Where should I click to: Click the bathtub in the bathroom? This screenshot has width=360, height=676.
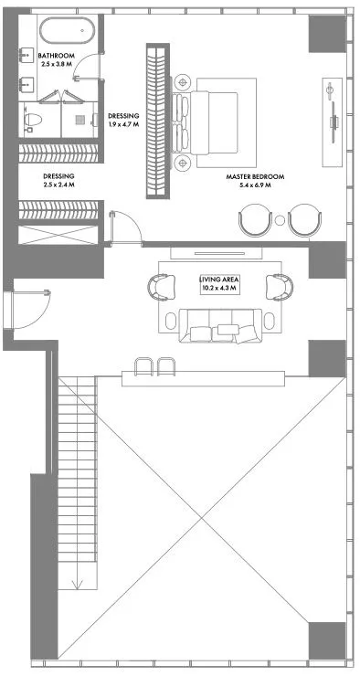(x=67, y=30)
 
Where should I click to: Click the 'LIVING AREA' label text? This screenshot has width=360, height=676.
(x=219, y=280)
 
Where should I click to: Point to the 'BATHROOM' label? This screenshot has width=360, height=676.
(x=56, y=56)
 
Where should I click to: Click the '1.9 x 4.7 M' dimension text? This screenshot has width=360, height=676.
(x=123, y=124)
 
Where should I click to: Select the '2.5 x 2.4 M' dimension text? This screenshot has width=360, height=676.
(x=58, y=185)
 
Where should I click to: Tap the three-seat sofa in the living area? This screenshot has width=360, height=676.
(x=220, y=326)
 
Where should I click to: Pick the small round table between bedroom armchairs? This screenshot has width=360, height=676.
(x=280, y=220)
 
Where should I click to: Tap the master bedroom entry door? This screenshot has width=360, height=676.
(x=125, y=228)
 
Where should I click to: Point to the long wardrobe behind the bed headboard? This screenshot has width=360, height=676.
(x=158, y=121)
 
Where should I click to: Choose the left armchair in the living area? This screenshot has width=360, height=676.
(x=162, y=287)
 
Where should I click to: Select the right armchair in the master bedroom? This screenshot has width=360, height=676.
(x=305, y=220)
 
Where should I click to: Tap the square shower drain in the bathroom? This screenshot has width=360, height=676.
(x=79, y=120)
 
